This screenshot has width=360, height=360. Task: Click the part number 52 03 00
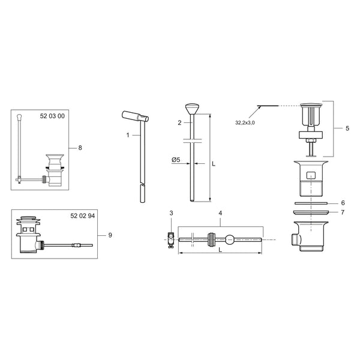coord(52,116)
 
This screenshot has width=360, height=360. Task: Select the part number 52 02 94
coord(83,216)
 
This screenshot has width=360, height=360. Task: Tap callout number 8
coord(80,148)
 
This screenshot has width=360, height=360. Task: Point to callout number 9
coord(110,235)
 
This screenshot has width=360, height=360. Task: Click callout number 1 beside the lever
coord(128,135)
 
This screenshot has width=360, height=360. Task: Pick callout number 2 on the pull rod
coord(179,123)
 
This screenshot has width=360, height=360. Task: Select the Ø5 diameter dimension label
coord(176,160)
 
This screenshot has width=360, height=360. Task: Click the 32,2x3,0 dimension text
coord(245,123)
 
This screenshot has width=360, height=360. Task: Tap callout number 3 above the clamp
coord(171,213)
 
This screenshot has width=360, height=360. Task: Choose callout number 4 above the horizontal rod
coord(220,213)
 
